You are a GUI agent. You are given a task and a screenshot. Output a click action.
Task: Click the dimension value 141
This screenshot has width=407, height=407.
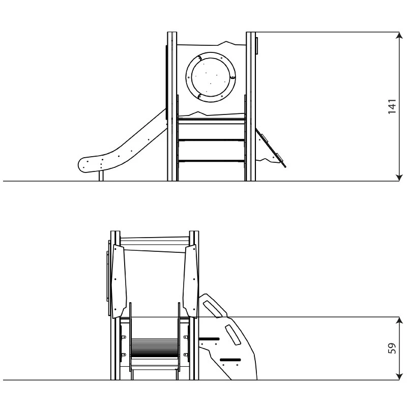point(392,106)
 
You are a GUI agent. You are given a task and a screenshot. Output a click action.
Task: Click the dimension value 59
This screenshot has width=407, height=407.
point(392,348)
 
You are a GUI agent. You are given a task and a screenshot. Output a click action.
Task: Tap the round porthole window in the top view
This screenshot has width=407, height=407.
point(211,77)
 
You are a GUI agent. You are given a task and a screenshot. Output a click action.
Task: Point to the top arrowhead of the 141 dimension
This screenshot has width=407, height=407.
point(399,36)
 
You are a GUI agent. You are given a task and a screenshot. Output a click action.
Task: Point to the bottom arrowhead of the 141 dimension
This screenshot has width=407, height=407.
point(399,177)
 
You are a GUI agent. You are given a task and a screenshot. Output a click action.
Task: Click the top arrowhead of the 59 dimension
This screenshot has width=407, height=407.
point(399,321)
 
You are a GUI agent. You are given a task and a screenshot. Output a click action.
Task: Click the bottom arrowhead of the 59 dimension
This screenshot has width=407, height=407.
point(399,376)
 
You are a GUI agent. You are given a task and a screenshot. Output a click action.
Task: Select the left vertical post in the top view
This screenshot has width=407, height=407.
point(172,106)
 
